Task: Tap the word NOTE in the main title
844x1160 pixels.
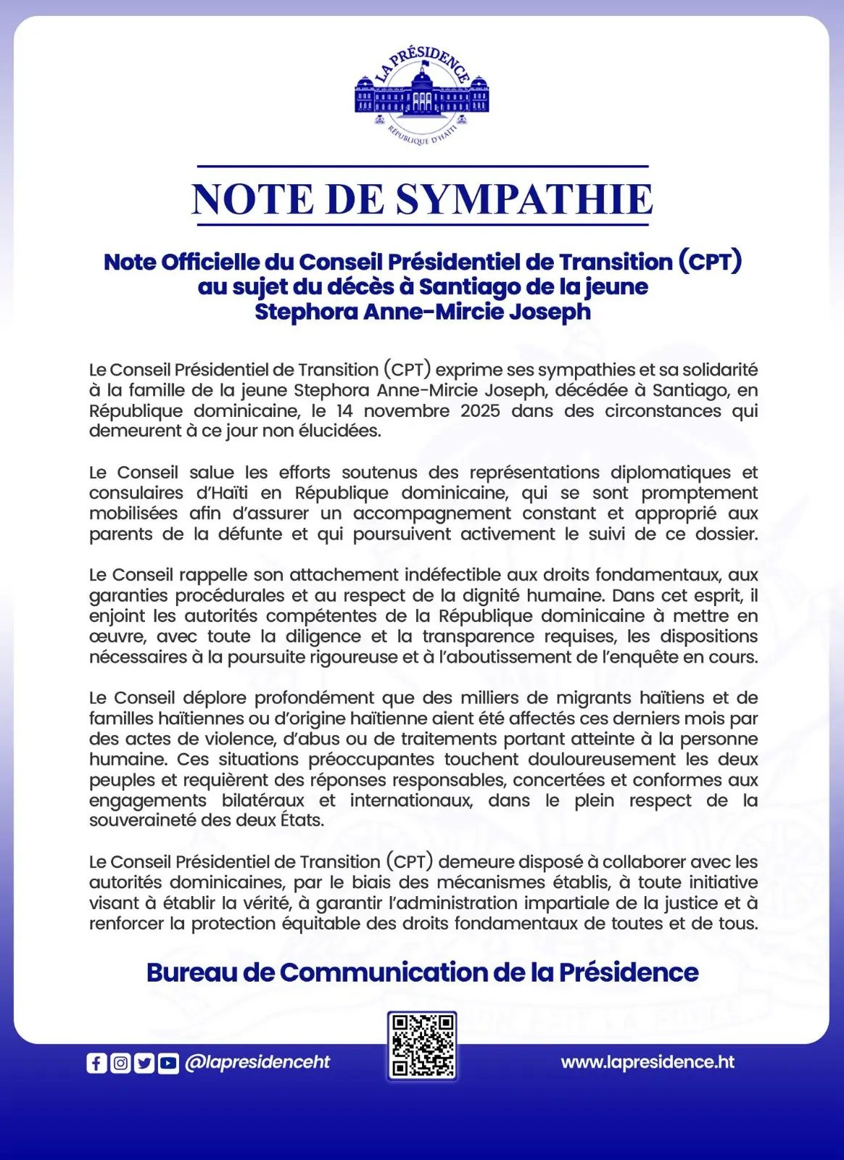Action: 253,199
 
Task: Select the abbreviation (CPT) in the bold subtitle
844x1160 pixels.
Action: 710,262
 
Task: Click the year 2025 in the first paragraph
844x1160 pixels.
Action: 480,410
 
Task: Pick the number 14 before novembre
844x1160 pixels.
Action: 345,410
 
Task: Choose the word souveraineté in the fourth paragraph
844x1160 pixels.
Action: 136,821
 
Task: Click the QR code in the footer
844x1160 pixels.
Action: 422,1045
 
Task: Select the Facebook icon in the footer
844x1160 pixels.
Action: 96,1063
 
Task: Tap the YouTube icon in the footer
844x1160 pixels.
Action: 168,1063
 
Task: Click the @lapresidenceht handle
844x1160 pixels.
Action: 257,1063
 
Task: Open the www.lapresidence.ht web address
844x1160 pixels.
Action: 648,1062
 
